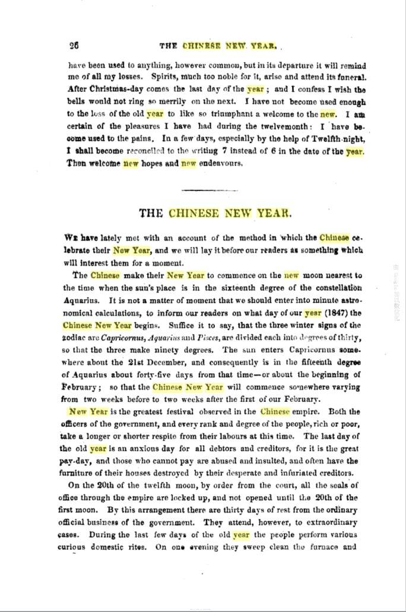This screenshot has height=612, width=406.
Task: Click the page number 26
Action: click(74, 45)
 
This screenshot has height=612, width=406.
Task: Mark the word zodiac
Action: click(74, 337)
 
